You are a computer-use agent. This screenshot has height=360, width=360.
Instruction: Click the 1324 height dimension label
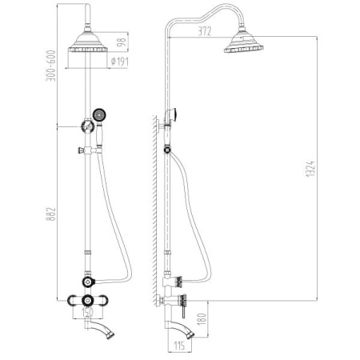point(310,169)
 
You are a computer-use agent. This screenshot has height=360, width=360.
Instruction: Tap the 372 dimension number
point(205,31)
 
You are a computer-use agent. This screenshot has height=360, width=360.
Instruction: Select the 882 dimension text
point(51,214)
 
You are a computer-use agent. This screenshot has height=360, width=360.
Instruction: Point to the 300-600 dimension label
point(51,66)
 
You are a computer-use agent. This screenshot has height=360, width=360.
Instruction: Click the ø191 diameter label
point(120,62)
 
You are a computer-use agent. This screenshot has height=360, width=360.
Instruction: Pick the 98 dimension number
point(121,42)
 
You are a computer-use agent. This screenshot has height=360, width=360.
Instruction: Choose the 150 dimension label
point(87,312)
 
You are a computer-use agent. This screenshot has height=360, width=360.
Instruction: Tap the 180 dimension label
point(202,319)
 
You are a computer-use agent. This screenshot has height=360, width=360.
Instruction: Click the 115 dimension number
point(179,346)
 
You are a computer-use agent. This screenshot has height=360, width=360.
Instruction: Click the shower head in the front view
point(88,42)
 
